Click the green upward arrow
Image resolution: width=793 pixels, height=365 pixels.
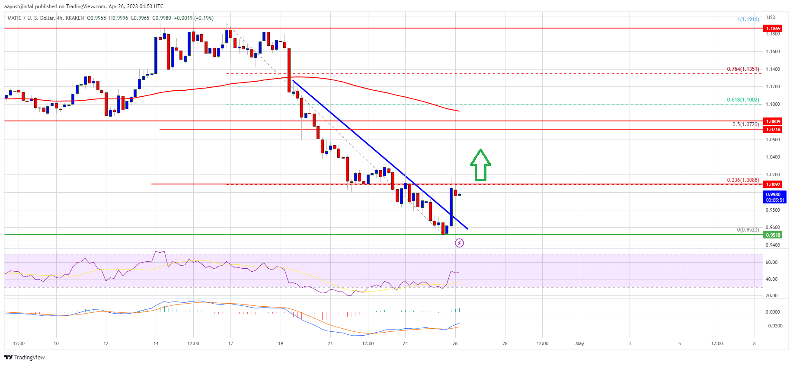click(480, 165)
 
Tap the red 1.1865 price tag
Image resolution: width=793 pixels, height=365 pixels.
click(773, 29)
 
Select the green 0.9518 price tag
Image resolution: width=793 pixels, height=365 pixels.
click(773, 235)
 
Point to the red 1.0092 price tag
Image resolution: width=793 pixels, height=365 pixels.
click(773, 184)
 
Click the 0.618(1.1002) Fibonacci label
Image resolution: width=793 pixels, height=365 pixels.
click(742, 100)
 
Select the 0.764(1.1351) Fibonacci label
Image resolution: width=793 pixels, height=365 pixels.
click(742, 69)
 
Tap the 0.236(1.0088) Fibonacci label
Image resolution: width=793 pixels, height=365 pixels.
click(742, 180)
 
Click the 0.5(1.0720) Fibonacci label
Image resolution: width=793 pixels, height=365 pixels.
click(745, 124)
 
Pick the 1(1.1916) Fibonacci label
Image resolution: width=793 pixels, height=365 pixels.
click(748, 19)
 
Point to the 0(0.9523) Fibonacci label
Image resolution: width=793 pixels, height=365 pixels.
click(748, 230)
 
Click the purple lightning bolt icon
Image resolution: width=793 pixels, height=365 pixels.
click(459, 243)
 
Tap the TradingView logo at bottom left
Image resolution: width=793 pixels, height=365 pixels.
click(25, 357)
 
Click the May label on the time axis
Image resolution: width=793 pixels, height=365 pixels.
click(579, 344)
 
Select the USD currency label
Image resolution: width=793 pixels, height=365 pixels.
click(771, 18)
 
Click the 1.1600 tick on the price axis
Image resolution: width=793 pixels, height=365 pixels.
click(773, 52)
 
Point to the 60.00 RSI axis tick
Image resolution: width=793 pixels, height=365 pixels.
click(771, 262)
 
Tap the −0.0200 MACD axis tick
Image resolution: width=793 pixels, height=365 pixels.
click(773, 326)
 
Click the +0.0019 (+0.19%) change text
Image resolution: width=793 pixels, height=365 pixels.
click(193, 18)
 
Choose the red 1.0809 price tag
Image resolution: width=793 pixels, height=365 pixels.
click(773, 121)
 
